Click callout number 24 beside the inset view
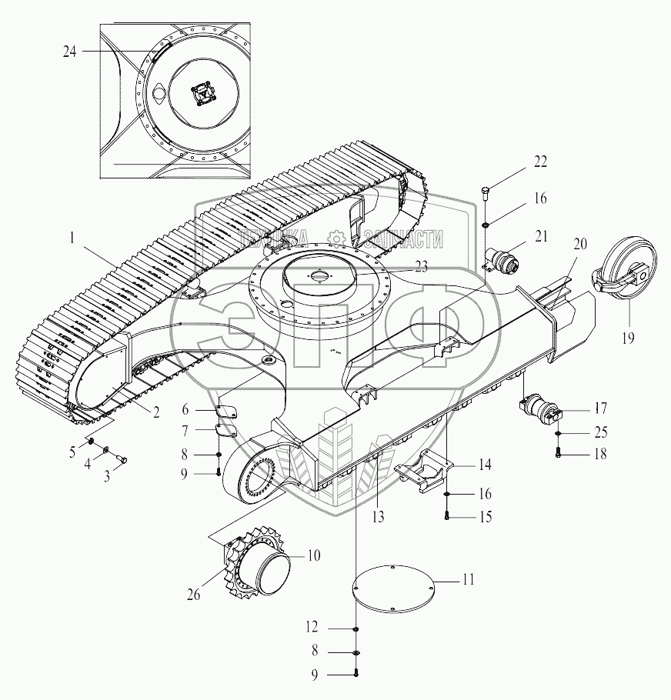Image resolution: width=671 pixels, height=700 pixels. tap(70, 52)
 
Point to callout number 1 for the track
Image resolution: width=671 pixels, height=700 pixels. tap(72, 237)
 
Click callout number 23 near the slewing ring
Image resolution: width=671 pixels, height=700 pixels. tap(421, 266)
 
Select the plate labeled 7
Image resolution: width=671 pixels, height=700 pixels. tap(226, 431)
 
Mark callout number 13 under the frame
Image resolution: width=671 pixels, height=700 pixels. tap(378, 517)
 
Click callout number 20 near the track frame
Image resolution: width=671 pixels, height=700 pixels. tap(580, 244)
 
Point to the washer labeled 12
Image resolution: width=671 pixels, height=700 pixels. tap(356, 628)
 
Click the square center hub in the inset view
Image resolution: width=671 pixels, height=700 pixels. tap(203, 94)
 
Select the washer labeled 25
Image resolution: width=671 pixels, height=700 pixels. tap(558, 433)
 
